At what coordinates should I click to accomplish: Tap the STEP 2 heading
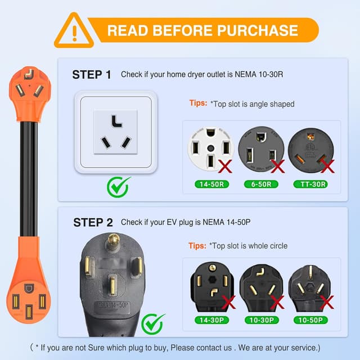coord(93,222)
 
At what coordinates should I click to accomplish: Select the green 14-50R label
coord(211,184)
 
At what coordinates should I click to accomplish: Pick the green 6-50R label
coord(261,184)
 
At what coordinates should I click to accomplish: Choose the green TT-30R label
coord(312,184)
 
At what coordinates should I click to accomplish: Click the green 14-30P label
coord(212,319)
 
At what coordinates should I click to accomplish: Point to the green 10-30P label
coord(262,319)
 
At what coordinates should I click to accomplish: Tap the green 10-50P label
coord(312,319)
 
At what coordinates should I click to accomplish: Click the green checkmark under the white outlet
coord(118,185)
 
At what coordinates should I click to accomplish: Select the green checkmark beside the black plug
coord(152,323)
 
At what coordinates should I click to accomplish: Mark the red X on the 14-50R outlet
coord(226,165)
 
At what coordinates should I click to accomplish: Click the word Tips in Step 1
coord(197,103)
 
